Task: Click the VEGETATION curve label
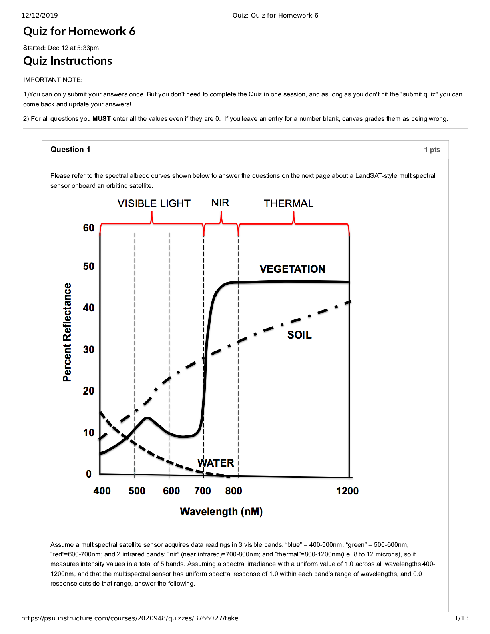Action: pyautogui.click(x=292, y=269)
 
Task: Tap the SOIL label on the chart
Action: pyautogui.click(x=299, y=335)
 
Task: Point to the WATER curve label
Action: pyautogui.click(x=215, y=463)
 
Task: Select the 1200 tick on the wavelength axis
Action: pyautogui.click(x=347, y=491)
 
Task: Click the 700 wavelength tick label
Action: pyautogui.click(x=203, y=491)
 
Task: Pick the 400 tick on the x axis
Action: pyautogui.click(x=102, y=491)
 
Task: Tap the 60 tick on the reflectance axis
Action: pyautogui.click(x=89, y=228)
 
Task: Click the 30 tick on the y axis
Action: pyautogui.click(x=89, y=349)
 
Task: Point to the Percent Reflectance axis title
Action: pyautogui.click(x=67, y=332)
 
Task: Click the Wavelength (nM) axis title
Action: pyautogui.click(x=221, y=512)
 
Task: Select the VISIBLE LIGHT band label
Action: pyautogui.click(x=154, y=203)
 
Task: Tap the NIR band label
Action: pyautogui.click(x=220, y=203)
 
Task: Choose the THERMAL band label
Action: pyautogui.click(x=289, y=203)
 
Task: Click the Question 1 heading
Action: pyautogui.click(x=70, y=149)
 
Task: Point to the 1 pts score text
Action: pyautogui.click(x=432, y=150)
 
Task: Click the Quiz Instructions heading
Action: pyautogui.click(x=68, y=61)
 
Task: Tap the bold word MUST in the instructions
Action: pyautogui.click(x=102, y=119)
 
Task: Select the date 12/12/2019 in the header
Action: pyautogui.click(x=40, y=15)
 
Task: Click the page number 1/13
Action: pyautogui.click(x=462, y=618)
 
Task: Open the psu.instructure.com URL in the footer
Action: pyautogui.click(x=130, y=618)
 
